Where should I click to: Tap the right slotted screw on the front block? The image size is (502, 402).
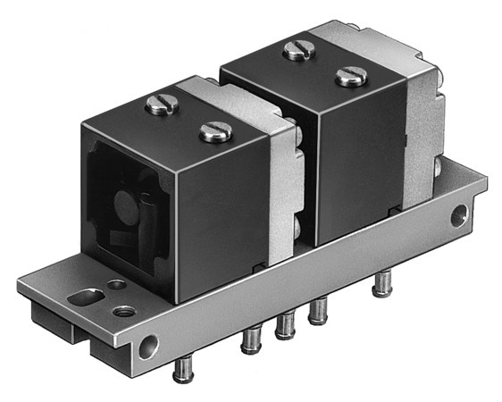click(215, 132)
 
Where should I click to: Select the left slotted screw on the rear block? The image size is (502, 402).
click(299, 50)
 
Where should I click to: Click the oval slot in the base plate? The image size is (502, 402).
click(86, 295)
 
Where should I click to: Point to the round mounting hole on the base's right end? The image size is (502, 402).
click(458, 214)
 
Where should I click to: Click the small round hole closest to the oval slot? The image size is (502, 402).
click(116, 286)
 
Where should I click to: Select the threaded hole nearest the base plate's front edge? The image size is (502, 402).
click(125, 311)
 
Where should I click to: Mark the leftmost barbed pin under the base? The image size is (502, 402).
click(183, 367)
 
